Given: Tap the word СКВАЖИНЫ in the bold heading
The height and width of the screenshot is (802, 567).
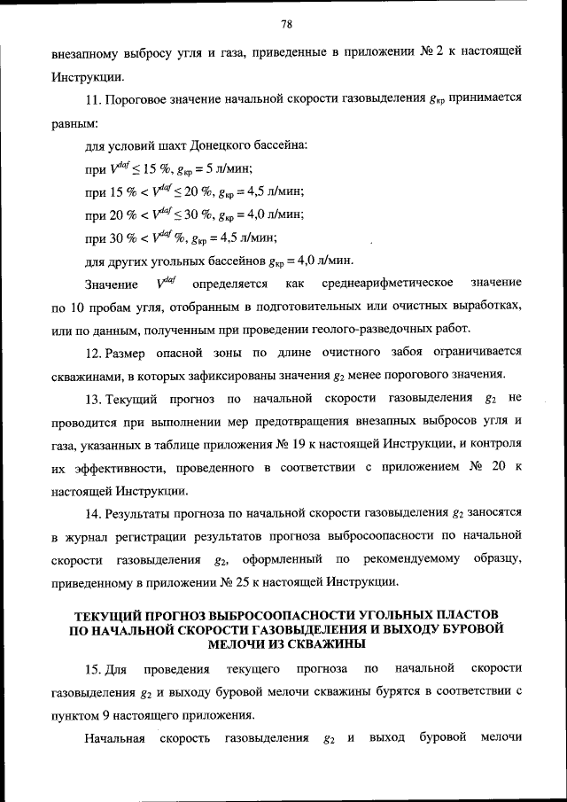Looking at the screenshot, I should click(x=322, y=642).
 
